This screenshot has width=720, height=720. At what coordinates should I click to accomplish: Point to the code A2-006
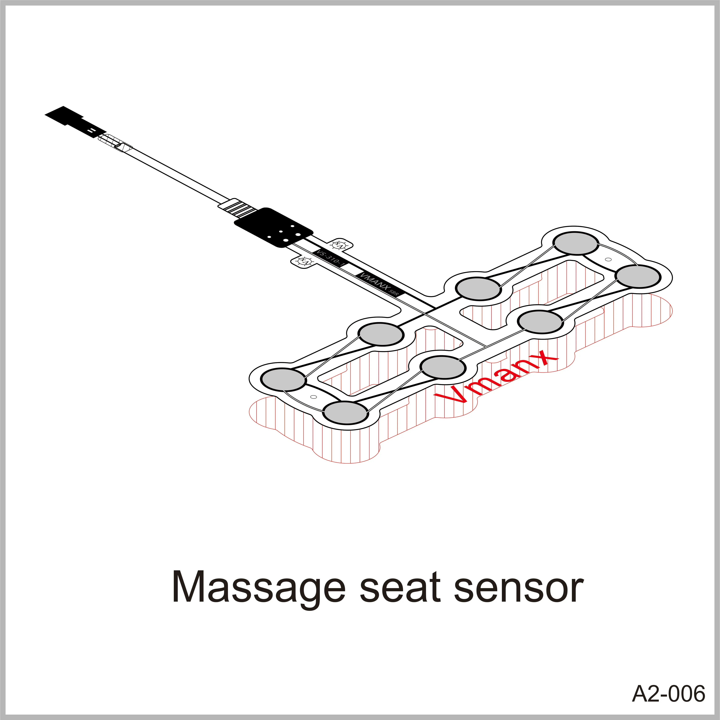[668, 694]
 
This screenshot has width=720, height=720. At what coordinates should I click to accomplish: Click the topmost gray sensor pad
[576, 243]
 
